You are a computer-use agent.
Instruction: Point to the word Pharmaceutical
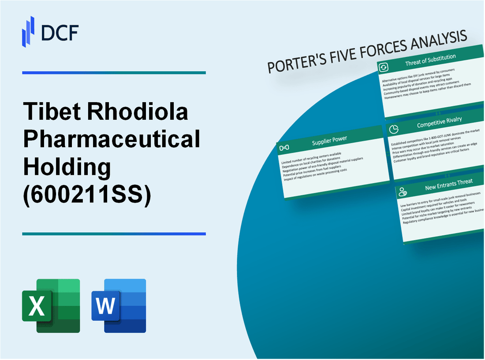tap(111, 140)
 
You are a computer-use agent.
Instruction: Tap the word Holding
tap(66, 167)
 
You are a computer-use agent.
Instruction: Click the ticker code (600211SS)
tap(87, 195)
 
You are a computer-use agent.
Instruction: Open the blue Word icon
tap(119, 305)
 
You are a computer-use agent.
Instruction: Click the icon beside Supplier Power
tap(284, 147)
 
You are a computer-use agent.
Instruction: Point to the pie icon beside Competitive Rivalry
tap(394, 129)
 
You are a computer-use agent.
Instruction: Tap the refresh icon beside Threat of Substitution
tap(383, 67)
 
